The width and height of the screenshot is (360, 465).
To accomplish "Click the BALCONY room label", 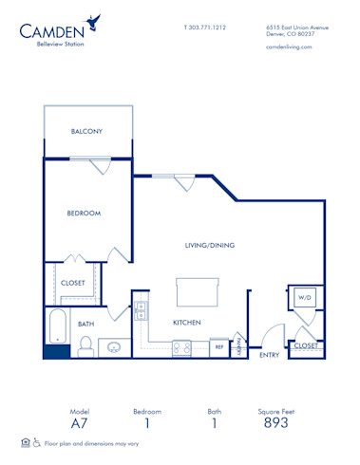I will tap(86, 131).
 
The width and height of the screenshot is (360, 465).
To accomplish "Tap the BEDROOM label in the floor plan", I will tap(84, 214).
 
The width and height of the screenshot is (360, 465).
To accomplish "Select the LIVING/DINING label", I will tap(210, 245).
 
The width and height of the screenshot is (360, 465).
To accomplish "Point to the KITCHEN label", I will tap(185, 323).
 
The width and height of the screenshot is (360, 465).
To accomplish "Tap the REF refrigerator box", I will tap(218, 346).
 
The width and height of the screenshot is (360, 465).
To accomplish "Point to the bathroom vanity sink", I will tap(114, 347).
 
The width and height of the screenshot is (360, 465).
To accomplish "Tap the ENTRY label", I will tap(269, 355).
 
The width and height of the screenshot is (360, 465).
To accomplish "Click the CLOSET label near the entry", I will tap(305, 346).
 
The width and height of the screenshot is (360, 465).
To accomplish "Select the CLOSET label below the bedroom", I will tap(73, 283).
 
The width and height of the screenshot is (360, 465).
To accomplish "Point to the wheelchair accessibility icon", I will tap(37, 442).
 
